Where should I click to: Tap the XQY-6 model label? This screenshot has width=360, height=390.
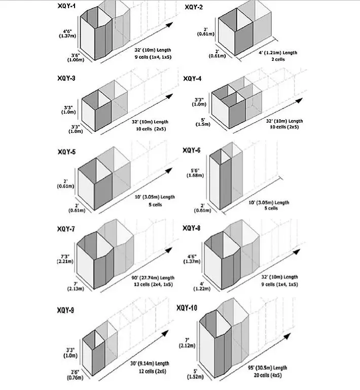coord(192,150)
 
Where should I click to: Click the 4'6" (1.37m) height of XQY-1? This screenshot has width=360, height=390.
coord(67,33)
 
